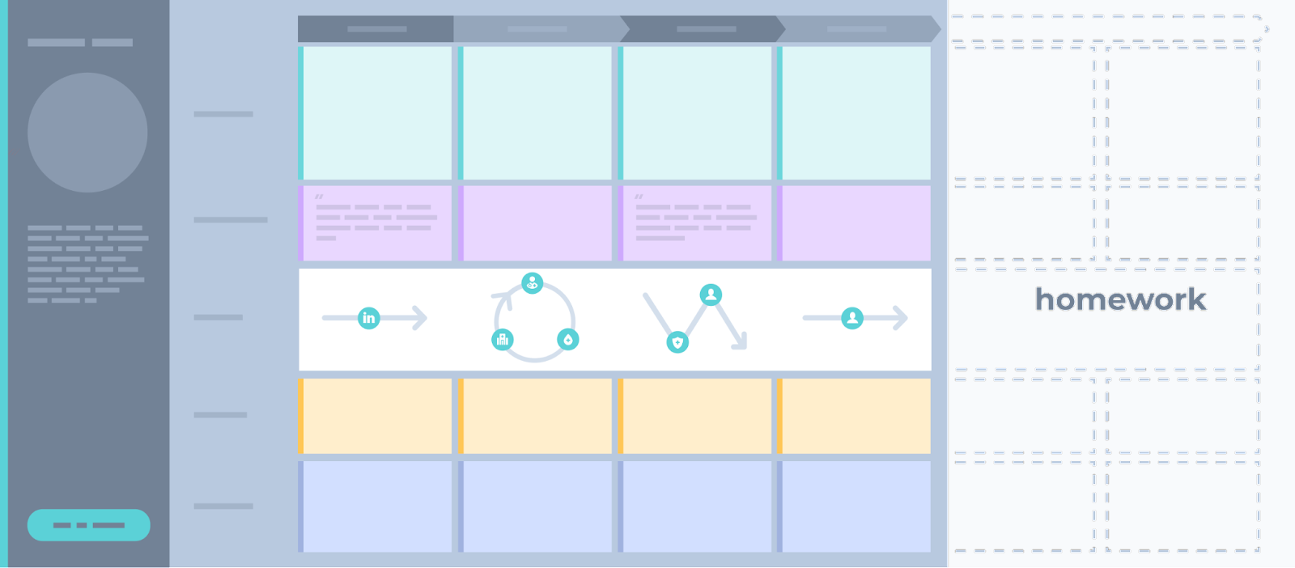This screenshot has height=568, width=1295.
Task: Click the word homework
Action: click(x=1120, y=299)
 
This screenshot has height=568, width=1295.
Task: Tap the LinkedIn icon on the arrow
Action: click(x=369, y=318)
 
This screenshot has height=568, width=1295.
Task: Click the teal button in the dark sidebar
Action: click(x=88, y=524)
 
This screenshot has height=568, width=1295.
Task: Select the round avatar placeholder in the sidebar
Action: click(x=87, y=133)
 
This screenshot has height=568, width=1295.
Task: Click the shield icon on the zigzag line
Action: click(x=677, y=342)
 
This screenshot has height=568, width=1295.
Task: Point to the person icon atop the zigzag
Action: click(x=711, y=295)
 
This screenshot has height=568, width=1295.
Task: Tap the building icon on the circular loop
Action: click(x=503, y=339)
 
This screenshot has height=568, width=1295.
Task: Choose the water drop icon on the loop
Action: click(x=567, y=339)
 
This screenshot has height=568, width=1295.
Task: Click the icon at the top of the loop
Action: click(x=532, y=283)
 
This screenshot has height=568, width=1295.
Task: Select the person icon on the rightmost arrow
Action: click(x=852, y=318)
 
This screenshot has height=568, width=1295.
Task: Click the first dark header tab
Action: click(x=376, y=29)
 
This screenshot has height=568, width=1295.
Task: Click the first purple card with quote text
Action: click(x=376, y=223)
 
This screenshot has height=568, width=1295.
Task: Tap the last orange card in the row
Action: click(x=854, y=416)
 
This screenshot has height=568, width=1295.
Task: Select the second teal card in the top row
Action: click(x=535, y=113)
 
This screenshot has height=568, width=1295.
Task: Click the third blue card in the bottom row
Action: click(x=695, y=507)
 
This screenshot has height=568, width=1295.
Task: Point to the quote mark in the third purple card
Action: click(x=639, y=197)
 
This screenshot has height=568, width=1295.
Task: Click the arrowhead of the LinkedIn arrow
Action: click(x=420, y=318)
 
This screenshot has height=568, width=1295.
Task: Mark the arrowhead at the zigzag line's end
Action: click(x=741, y=342)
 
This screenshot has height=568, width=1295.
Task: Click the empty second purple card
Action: click(x=535, y=223)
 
